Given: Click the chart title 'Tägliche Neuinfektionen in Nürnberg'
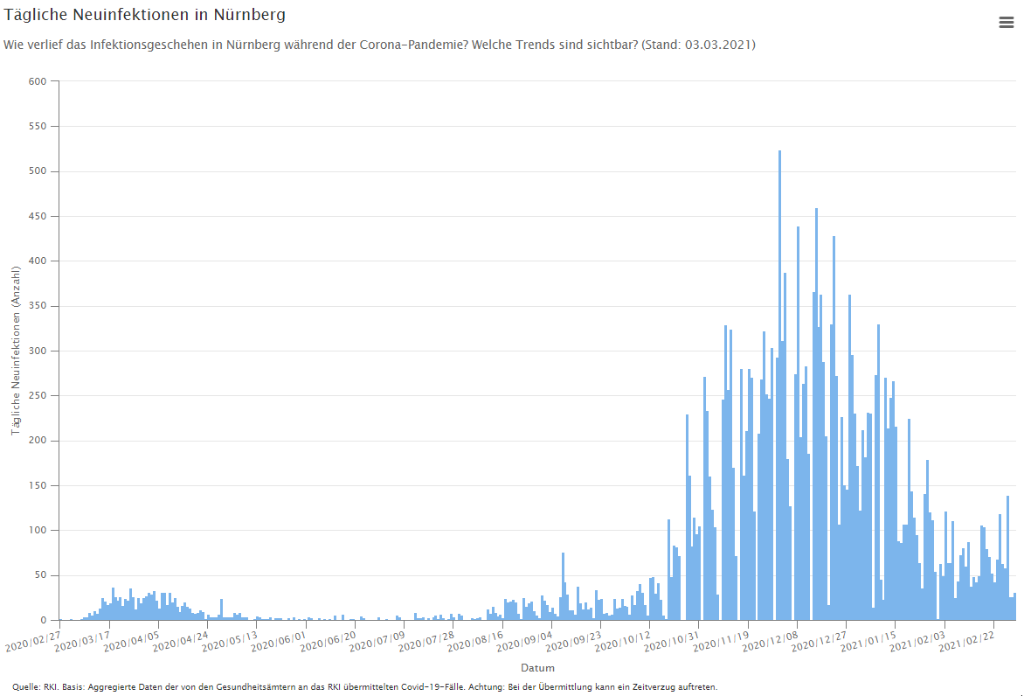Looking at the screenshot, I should (145, 15).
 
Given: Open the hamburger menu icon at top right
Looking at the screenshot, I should (1006, 23).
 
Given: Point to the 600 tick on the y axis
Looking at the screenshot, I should (38, 81).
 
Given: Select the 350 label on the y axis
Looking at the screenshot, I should (38, 306).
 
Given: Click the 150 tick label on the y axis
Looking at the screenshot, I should (38, 485).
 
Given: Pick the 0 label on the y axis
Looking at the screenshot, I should (45, 620).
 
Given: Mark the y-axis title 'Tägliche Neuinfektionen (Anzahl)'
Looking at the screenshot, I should (16, 351).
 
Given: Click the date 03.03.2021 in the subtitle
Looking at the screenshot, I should (719, 44).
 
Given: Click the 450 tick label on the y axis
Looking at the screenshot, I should (38, 216).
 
